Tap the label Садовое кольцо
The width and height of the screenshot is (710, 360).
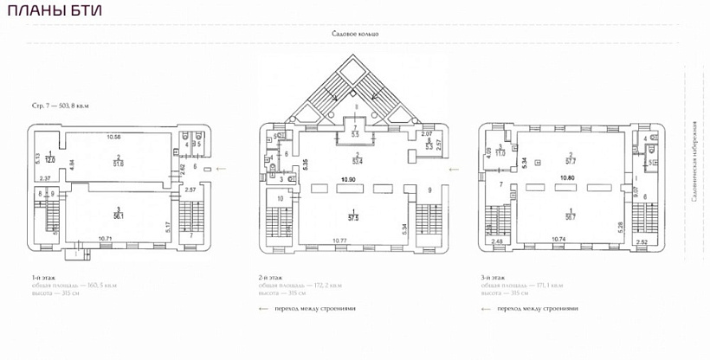point(355,34)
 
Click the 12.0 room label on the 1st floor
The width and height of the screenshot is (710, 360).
point(50,160)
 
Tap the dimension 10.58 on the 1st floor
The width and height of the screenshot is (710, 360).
point(113,136)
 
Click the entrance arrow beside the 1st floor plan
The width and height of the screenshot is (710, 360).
point(219,170)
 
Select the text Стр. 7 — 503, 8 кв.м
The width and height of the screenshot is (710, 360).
point(61,105)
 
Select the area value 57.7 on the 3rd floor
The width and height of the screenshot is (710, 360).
point(570,162)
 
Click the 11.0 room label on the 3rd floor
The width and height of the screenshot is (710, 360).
point(500,152)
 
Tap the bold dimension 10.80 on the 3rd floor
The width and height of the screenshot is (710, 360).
point(568,177)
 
